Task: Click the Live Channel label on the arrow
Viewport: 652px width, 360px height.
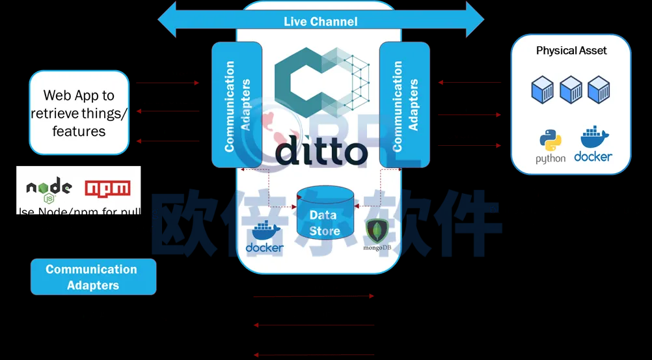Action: [x=320, y=21]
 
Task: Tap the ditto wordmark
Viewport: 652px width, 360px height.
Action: [x=321, y=151]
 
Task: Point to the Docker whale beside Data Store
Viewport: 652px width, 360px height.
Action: [x=265, y=238]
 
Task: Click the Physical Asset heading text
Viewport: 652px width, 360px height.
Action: [x=571, y=50]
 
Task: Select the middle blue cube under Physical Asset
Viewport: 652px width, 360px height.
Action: [x=571, y=90]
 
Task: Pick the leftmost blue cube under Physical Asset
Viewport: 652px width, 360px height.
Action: [x=542, y=90]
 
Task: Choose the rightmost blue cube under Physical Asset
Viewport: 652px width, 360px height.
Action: [x=599, y=90]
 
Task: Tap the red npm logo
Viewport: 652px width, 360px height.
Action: [x=107, y=187]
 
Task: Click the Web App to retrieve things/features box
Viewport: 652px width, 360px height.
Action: [x=79, y=113]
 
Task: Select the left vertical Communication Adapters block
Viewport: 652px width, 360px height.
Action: [x=236, y=104]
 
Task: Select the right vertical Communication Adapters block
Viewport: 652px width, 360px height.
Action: [x=404, y=104]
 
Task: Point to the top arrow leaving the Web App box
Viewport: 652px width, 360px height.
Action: [x=168, y=83]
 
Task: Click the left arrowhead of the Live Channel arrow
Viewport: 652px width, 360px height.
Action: [x=167, y=20]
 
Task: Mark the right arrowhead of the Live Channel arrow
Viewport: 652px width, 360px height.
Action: [x=475, y=20]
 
